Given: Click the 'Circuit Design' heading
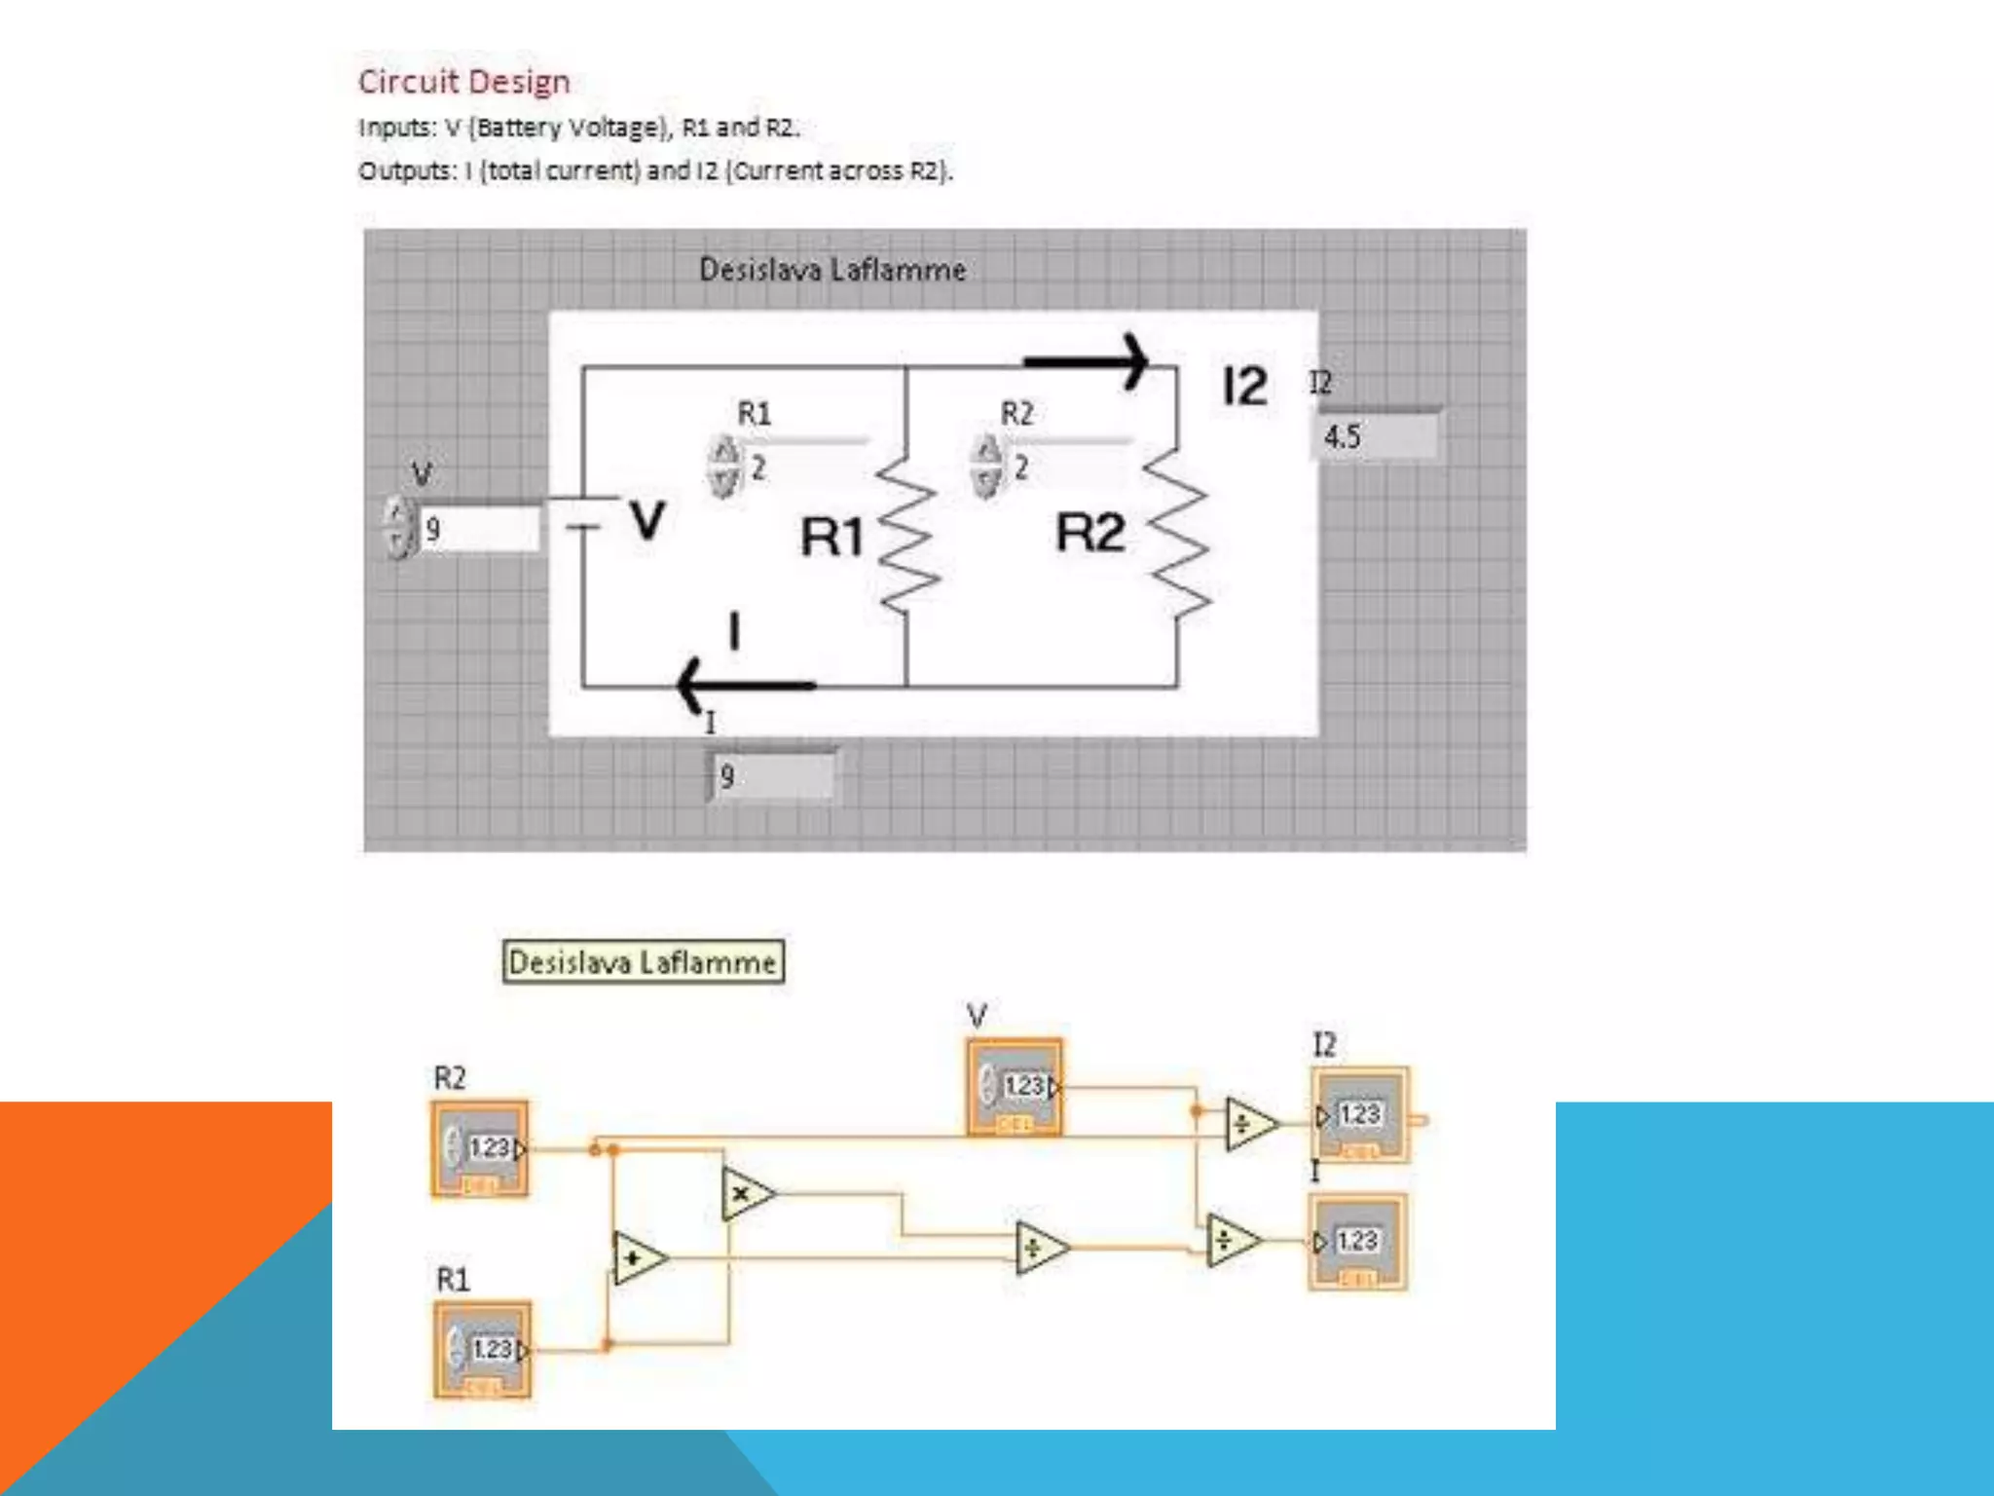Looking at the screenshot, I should [x=463, y=82].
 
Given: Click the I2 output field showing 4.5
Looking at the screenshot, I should [x=1377, y=437].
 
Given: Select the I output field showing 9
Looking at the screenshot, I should [x=772, y=777].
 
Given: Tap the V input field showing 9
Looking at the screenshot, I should [x=477, y=530].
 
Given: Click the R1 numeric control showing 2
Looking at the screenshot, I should [x=803, y=468].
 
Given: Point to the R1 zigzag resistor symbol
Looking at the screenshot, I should [x=907, y=536].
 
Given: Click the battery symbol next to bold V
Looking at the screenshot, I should [x=583, y=514].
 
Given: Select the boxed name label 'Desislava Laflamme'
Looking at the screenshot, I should [x=643, y=962].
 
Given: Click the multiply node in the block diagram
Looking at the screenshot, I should [x=746, y=1194].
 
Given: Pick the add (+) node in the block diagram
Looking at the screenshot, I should [x=638, y=1257].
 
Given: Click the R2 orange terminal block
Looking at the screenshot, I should [x=481, y=1149].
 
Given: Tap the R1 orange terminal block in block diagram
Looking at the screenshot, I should [x=483, y=1350].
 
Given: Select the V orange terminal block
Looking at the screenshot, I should [x=1015, y=1087].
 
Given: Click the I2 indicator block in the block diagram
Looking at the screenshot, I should [x=1359, y=1116].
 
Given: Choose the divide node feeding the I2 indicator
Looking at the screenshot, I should [x=1248, y=1125].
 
